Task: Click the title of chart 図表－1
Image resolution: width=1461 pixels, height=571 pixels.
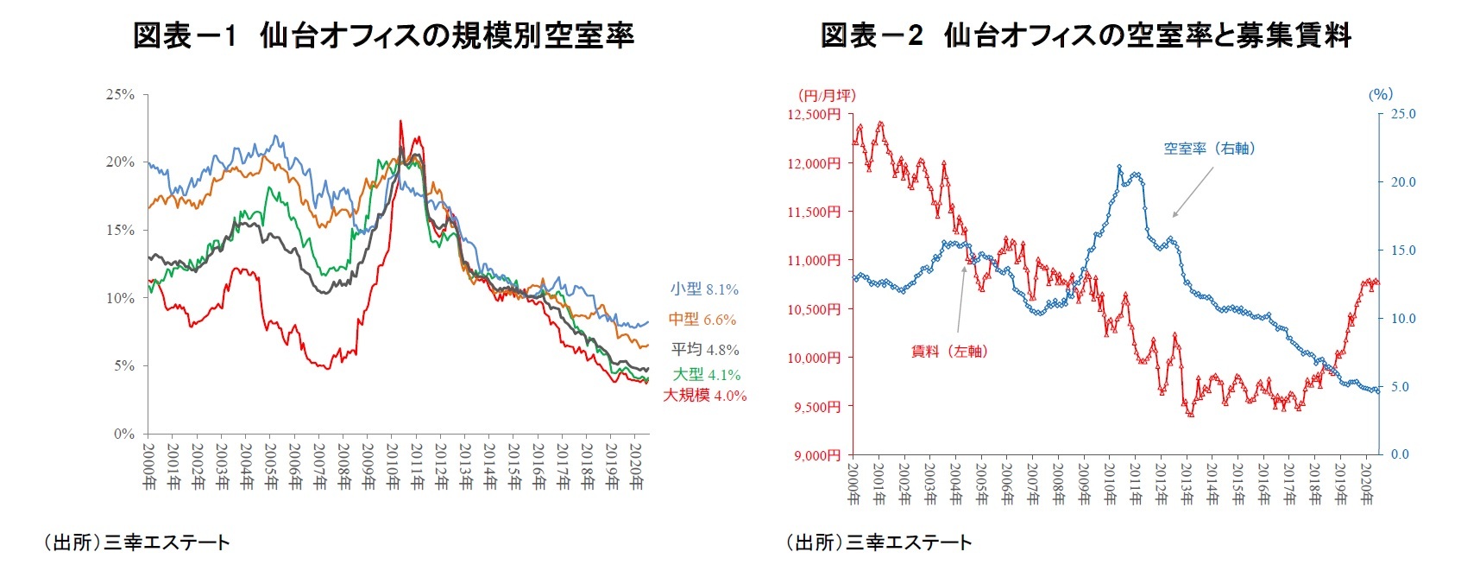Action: pos(383,35)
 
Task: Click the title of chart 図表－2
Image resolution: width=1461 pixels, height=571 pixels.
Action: pos(1085,35)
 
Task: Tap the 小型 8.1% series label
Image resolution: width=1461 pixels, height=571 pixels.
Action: pos(704,289)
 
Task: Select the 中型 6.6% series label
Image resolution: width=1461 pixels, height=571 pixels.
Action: pos(702,320)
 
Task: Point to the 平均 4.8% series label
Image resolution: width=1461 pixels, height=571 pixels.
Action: pos(705,350)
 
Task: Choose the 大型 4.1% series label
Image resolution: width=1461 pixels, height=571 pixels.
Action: pos(706,375)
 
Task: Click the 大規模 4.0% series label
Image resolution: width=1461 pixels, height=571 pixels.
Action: pos(704,396)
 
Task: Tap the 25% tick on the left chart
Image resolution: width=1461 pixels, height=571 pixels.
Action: pos(120,94)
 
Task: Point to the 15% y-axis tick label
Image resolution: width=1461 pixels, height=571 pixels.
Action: pos(120,231)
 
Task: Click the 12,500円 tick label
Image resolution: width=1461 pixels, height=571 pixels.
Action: pos(813,114)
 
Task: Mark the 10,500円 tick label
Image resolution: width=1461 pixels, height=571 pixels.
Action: pos(813,309)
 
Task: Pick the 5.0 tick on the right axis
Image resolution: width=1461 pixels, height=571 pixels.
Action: pos(1400,387)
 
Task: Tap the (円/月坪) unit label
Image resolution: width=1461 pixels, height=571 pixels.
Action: pos(826,95)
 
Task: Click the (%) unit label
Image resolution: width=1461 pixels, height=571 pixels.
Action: pos(1380,94)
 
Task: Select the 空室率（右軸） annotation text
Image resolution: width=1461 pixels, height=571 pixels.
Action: pos(1208,149)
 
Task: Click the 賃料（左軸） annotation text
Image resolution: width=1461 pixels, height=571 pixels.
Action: pos(949,352)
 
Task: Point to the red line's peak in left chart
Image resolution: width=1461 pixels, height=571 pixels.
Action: pos(400,122)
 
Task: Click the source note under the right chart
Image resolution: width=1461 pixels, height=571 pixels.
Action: pos(878,542)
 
